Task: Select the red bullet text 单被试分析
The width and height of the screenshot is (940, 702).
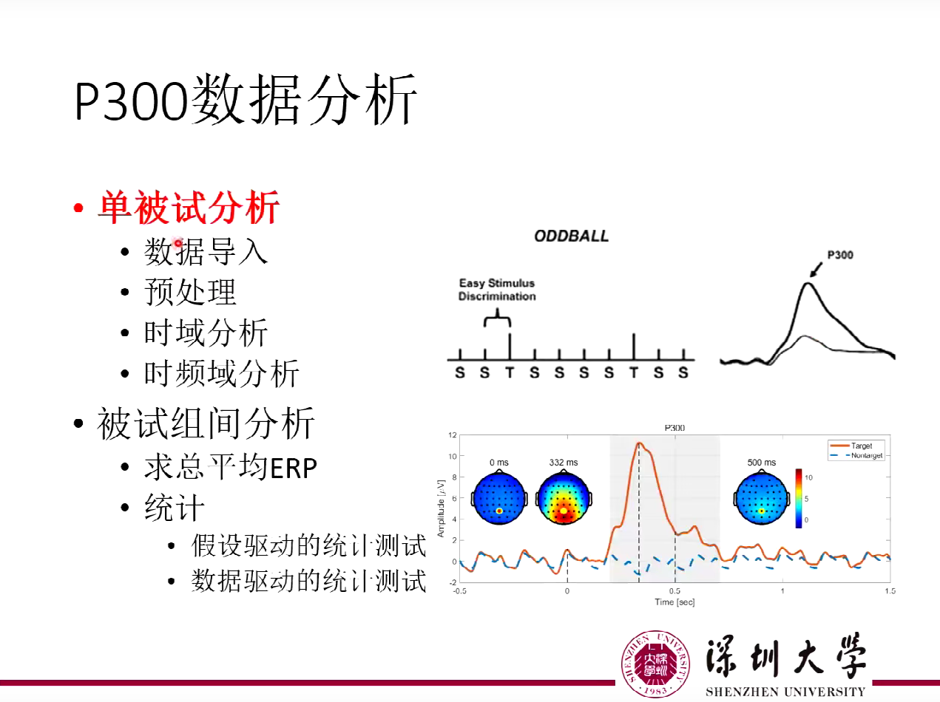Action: pyautogui.click(x=189, y=208)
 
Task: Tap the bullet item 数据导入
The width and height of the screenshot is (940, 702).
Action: pyautogui.click(x=206, y=252)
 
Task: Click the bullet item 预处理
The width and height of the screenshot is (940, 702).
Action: pyautogui.click(x=190, y=293)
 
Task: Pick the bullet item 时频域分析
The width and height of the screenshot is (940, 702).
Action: pyautogui.click(x=221, y=374)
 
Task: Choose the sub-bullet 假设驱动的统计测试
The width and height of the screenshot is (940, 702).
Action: pyautogui.click(x=308, y=546)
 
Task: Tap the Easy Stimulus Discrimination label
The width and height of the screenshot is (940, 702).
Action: pyautogui.click(x=496, y=290)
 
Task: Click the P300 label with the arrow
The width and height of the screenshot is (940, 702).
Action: pyautogui.click(x=839, y=255)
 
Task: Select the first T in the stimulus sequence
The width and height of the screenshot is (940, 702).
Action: pyautogui.click(x=510, y=373)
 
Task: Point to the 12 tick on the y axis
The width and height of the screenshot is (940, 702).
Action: pyautogui.click(x=452, y=435)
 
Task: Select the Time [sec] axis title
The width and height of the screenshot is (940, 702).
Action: pyautogui.click(x=674, y=602)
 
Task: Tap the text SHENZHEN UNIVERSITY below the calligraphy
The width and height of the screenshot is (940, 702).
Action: pyautogui.click(x=785, y=692)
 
